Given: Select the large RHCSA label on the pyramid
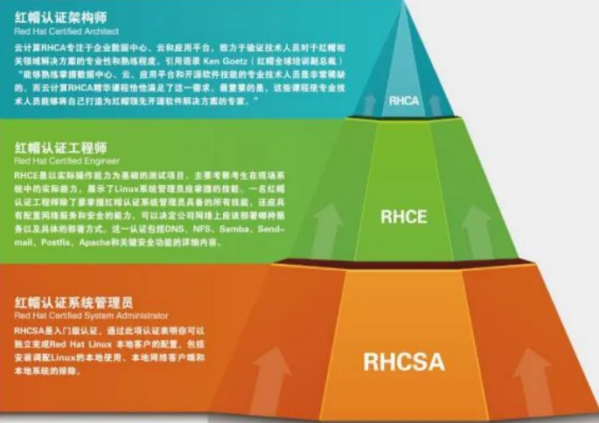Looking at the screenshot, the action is (x=403, y=361).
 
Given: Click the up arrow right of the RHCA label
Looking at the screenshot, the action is (x=437, y=104).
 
